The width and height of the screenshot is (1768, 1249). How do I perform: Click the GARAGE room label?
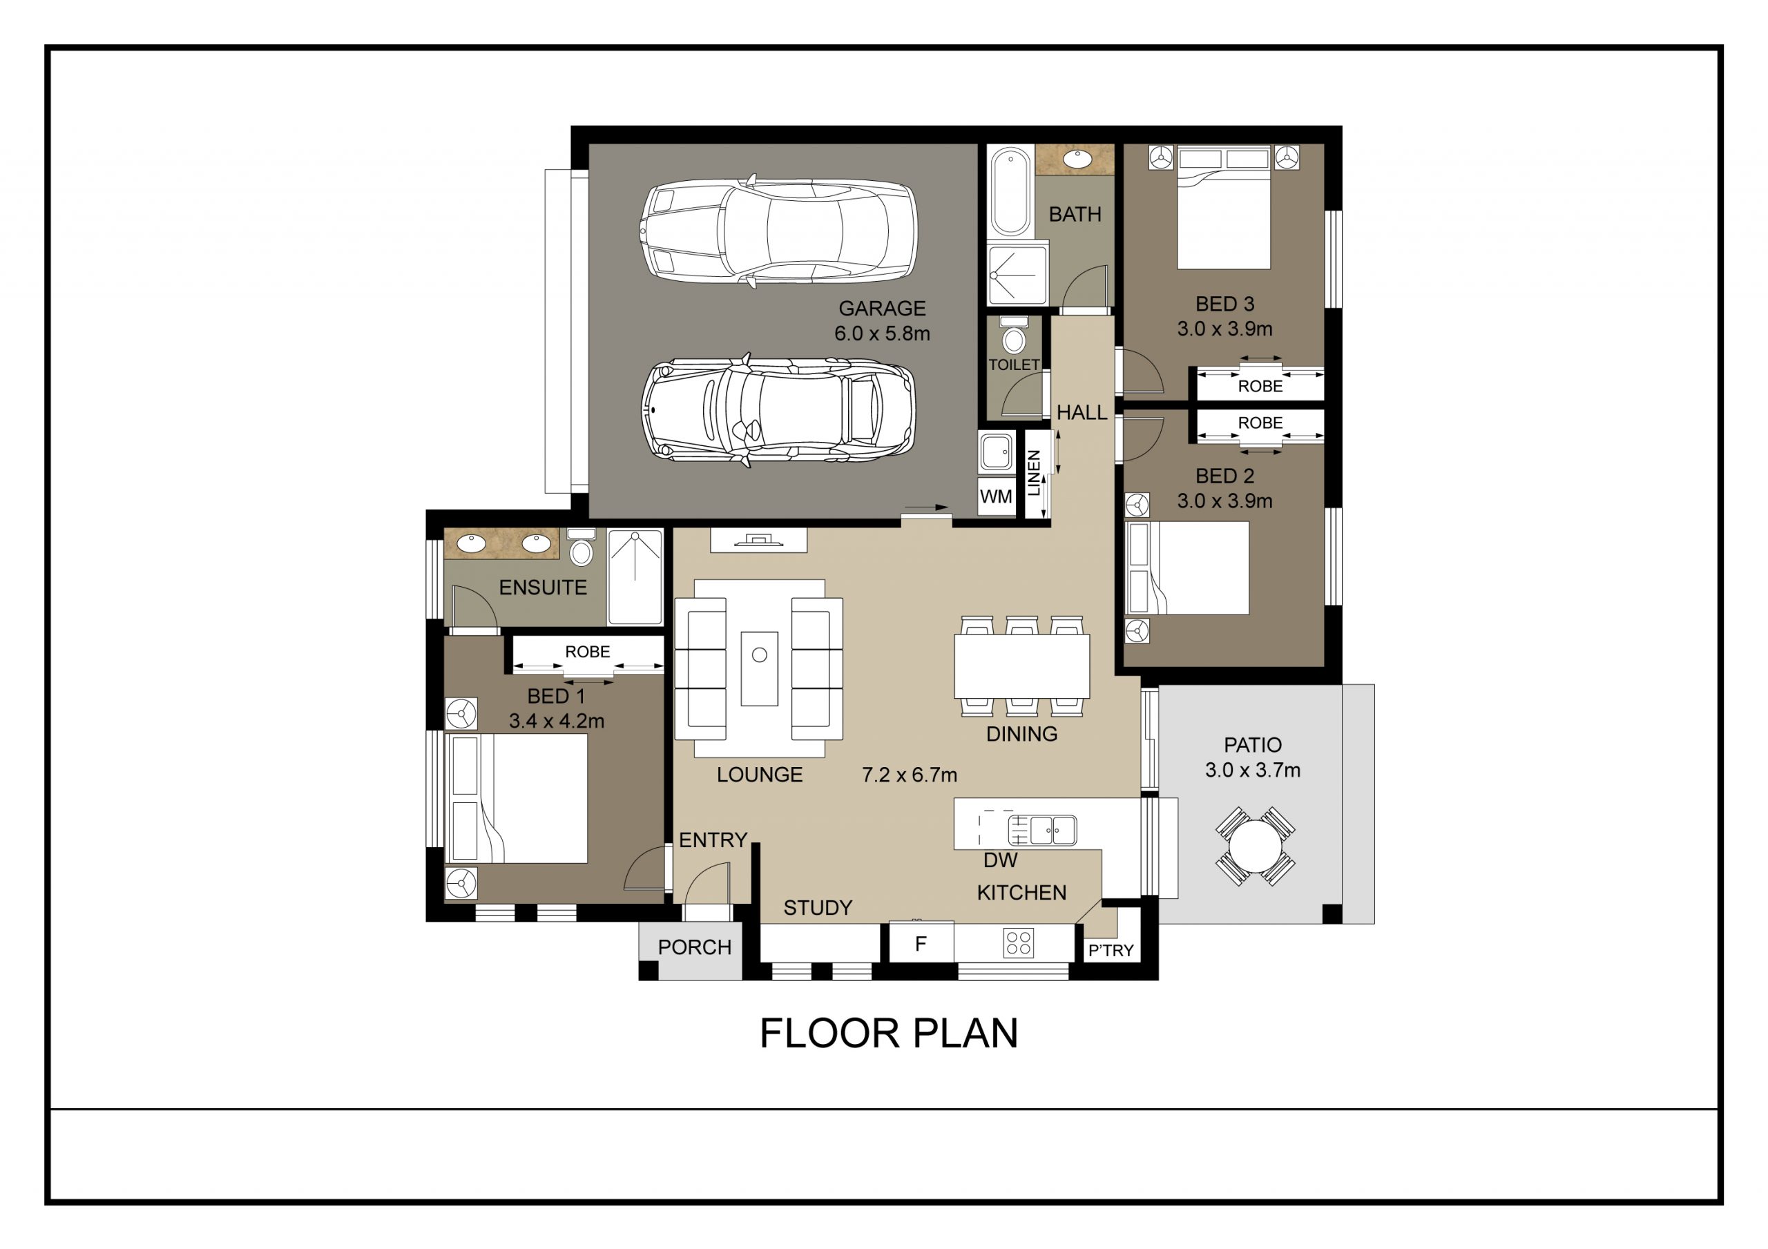[882, 309]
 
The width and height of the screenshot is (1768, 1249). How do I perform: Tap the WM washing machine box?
[996, 496]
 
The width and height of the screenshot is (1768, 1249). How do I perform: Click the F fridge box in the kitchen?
[920, 943]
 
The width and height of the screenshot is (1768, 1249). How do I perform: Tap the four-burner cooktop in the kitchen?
[1018, 943]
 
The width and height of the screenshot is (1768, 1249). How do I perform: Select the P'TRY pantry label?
[1111, 951]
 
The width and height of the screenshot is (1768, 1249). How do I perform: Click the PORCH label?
[694, 947]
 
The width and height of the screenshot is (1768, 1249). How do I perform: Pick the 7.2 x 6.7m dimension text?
[910, 775]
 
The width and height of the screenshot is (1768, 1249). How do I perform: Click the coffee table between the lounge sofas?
[759, 668]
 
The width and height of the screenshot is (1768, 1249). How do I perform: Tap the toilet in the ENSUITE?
[581, 548]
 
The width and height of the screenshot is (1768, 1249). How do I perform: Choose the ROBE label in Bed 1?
[587, 652]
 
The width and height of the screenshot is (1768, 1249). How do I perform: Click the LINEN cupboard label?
[1034, 473]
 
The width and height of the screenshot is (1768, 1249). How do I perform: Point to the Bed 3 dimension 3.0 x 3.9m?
[1224, 329]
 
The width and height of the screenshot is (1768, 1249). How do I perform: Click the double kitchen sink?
[1043, 830]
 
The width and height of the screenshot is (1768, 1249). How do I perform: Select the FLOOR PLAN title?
[889, 1034]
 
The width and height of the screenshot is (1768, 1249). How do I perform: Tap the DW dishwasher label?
[999, 860]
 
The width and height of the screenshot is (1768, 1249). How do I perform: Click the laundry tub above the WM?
[997, 452]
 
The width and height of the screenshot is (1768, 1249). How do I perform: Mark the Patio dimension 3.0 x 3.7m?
[1252, 770]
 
